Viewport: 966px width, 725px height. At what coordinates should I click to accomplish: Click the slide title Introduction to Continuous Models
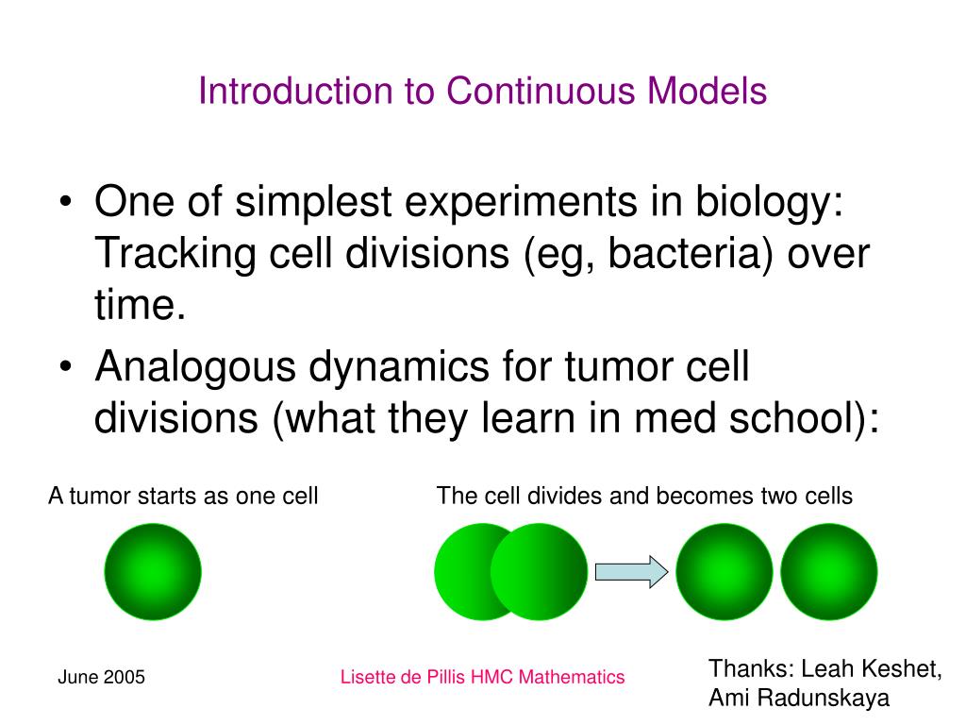(x=482, y=92)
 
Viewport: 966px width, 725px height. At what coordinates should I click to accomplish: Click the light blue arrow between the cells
(x=631, y=572)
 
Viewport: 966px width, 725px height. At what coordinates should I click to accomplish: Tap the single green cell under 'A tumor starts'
(x=153, y=572)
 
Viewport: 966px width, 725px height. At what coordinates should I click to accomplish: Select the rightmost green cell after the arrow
(x=829, y=572)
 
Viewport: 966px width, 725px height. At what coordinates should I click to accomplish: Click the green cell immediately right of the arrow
(x=724, y=572)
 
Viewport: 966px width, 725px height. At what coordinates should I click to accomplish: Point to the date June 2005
(x=101, y=677)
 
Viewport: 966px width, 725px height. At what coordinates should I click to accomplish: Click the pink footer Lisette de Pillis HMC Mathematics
(x=482, y=677)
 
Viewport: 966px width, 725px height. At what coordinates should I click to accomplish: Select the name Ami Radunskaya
(x=799, y=699)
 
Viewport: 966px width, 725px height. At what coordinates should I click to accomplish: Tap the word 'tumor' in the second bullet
(x=618, y=367)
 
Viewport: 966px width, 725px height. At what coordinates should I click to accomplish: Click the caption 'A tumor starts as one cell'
(x=183, y=496)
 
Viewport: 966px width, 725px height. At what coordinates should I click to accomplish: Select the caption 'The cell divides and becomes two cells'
(x=644, y=496)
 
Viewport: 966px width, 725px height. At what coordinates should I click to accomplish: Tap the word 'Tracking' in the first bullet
(x=176, y=254)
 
